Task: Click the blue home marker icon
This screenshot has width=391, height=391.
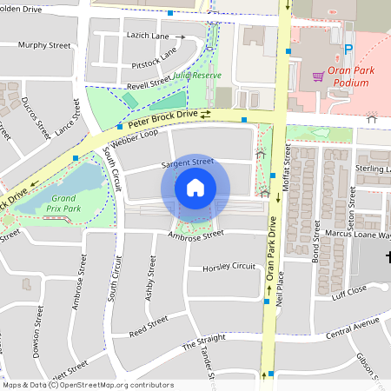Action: click(x=195, y=188)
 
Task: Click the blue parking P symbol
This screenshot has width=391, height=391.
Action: click(x=349, y=50)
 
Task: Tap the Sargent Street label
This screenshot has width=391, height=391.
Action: click(x=187, y=162)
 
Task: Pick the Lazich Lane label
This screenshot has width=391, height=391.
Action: click(x=149, y=36)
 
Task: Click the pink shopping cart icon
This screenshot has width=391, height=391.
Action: click(x=318, y=76)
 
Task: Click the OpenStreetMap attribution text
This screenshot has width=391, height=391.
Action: click(x=87, y=385)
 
